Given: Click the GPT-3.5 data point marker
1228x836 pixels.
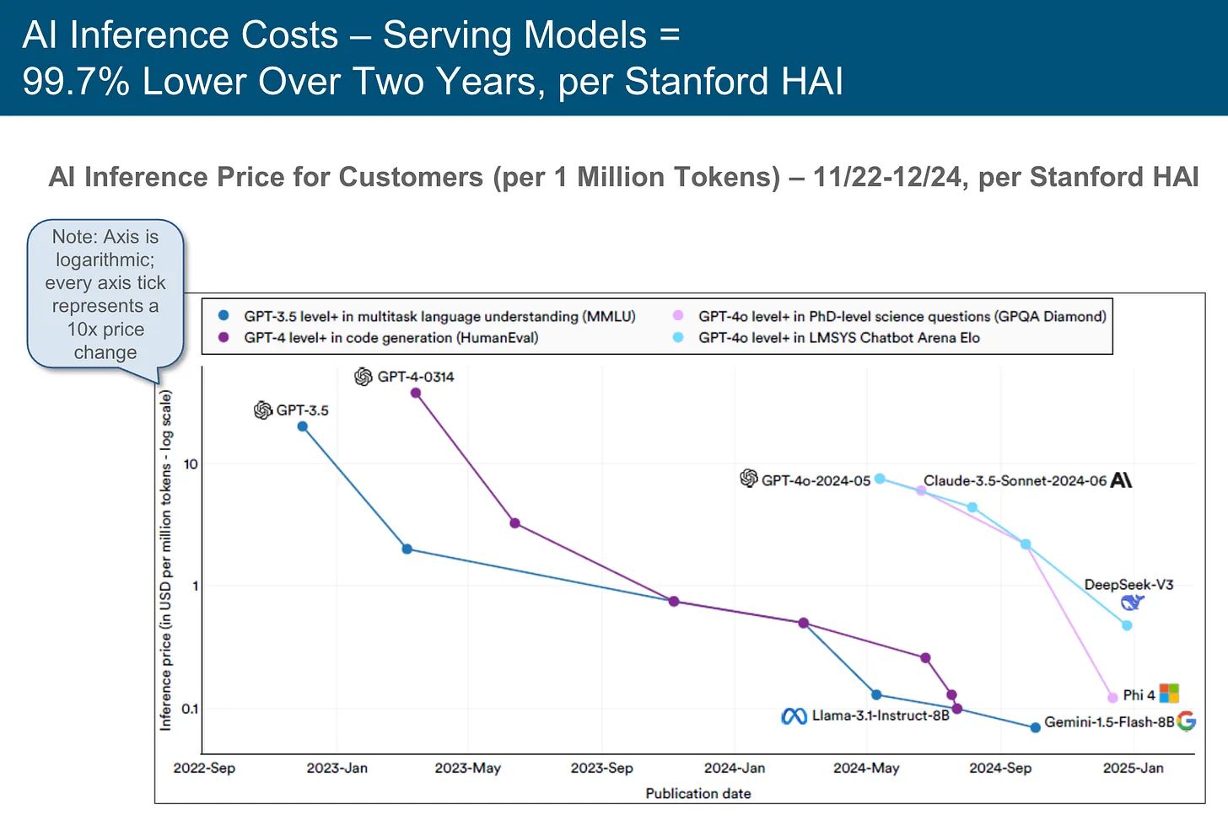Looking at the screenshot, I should (x=303, y=426).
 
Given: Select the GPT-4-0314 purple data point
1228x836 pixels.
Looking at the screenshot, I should (x=416, y=393).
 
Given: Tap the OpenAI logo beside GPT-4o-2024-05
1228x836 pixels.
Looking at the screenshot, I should (x=749, y=479).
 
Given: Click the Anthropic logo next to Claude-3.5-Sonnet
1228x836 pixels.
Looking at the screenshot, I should (x=1122, y=480).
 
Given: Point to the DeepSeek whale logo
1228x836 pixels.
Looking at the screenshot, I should (x=1133, y=603).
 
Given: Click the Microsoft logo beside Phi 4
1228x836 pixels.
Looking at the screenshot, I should (x=1169, y=694).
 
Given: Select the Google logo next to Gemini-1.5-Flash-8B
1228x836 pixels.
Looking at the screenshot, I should (x=1187, y=721).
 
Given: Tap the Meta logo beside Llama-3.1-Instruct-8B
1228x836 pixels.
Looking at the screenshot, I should (x=794, y=716).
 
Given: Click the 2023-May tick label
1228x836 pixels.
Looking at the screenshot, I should (x=468, y=769).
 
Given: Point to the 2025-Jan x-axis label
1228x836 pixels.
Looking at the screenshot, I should (x=1134, y=769).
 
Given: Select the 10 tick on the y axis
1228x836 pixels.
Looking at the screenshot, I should (x=191, y=464).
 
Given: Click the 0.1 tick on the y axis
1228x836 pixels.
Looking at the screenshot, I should (x=190, y=709).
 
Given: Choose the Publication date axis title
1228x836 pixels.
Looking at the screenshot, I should (x=698, y=794).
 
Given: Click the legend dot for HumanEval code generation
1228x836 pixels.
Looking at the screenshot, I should (x=224, y=337).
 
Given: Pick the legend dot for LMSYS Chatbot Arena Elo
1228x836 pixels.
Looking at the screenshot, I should (x=678, y=337).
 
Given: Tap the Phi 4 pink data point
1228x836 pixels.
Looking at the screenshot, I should (x=1112, y=698).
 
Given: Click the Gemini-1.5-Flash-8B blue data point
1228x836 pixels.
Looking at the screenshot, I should (x=1036, y=727).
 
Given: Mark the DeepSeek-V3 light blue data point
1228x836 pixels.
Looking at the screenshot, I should (x=1127, y=625).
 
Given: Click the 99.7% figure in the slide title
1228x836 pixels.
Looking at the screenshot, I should (x=75, y=82).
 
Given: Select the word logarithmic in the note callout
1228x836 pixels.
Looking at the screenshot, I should (x=105, y=260).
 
